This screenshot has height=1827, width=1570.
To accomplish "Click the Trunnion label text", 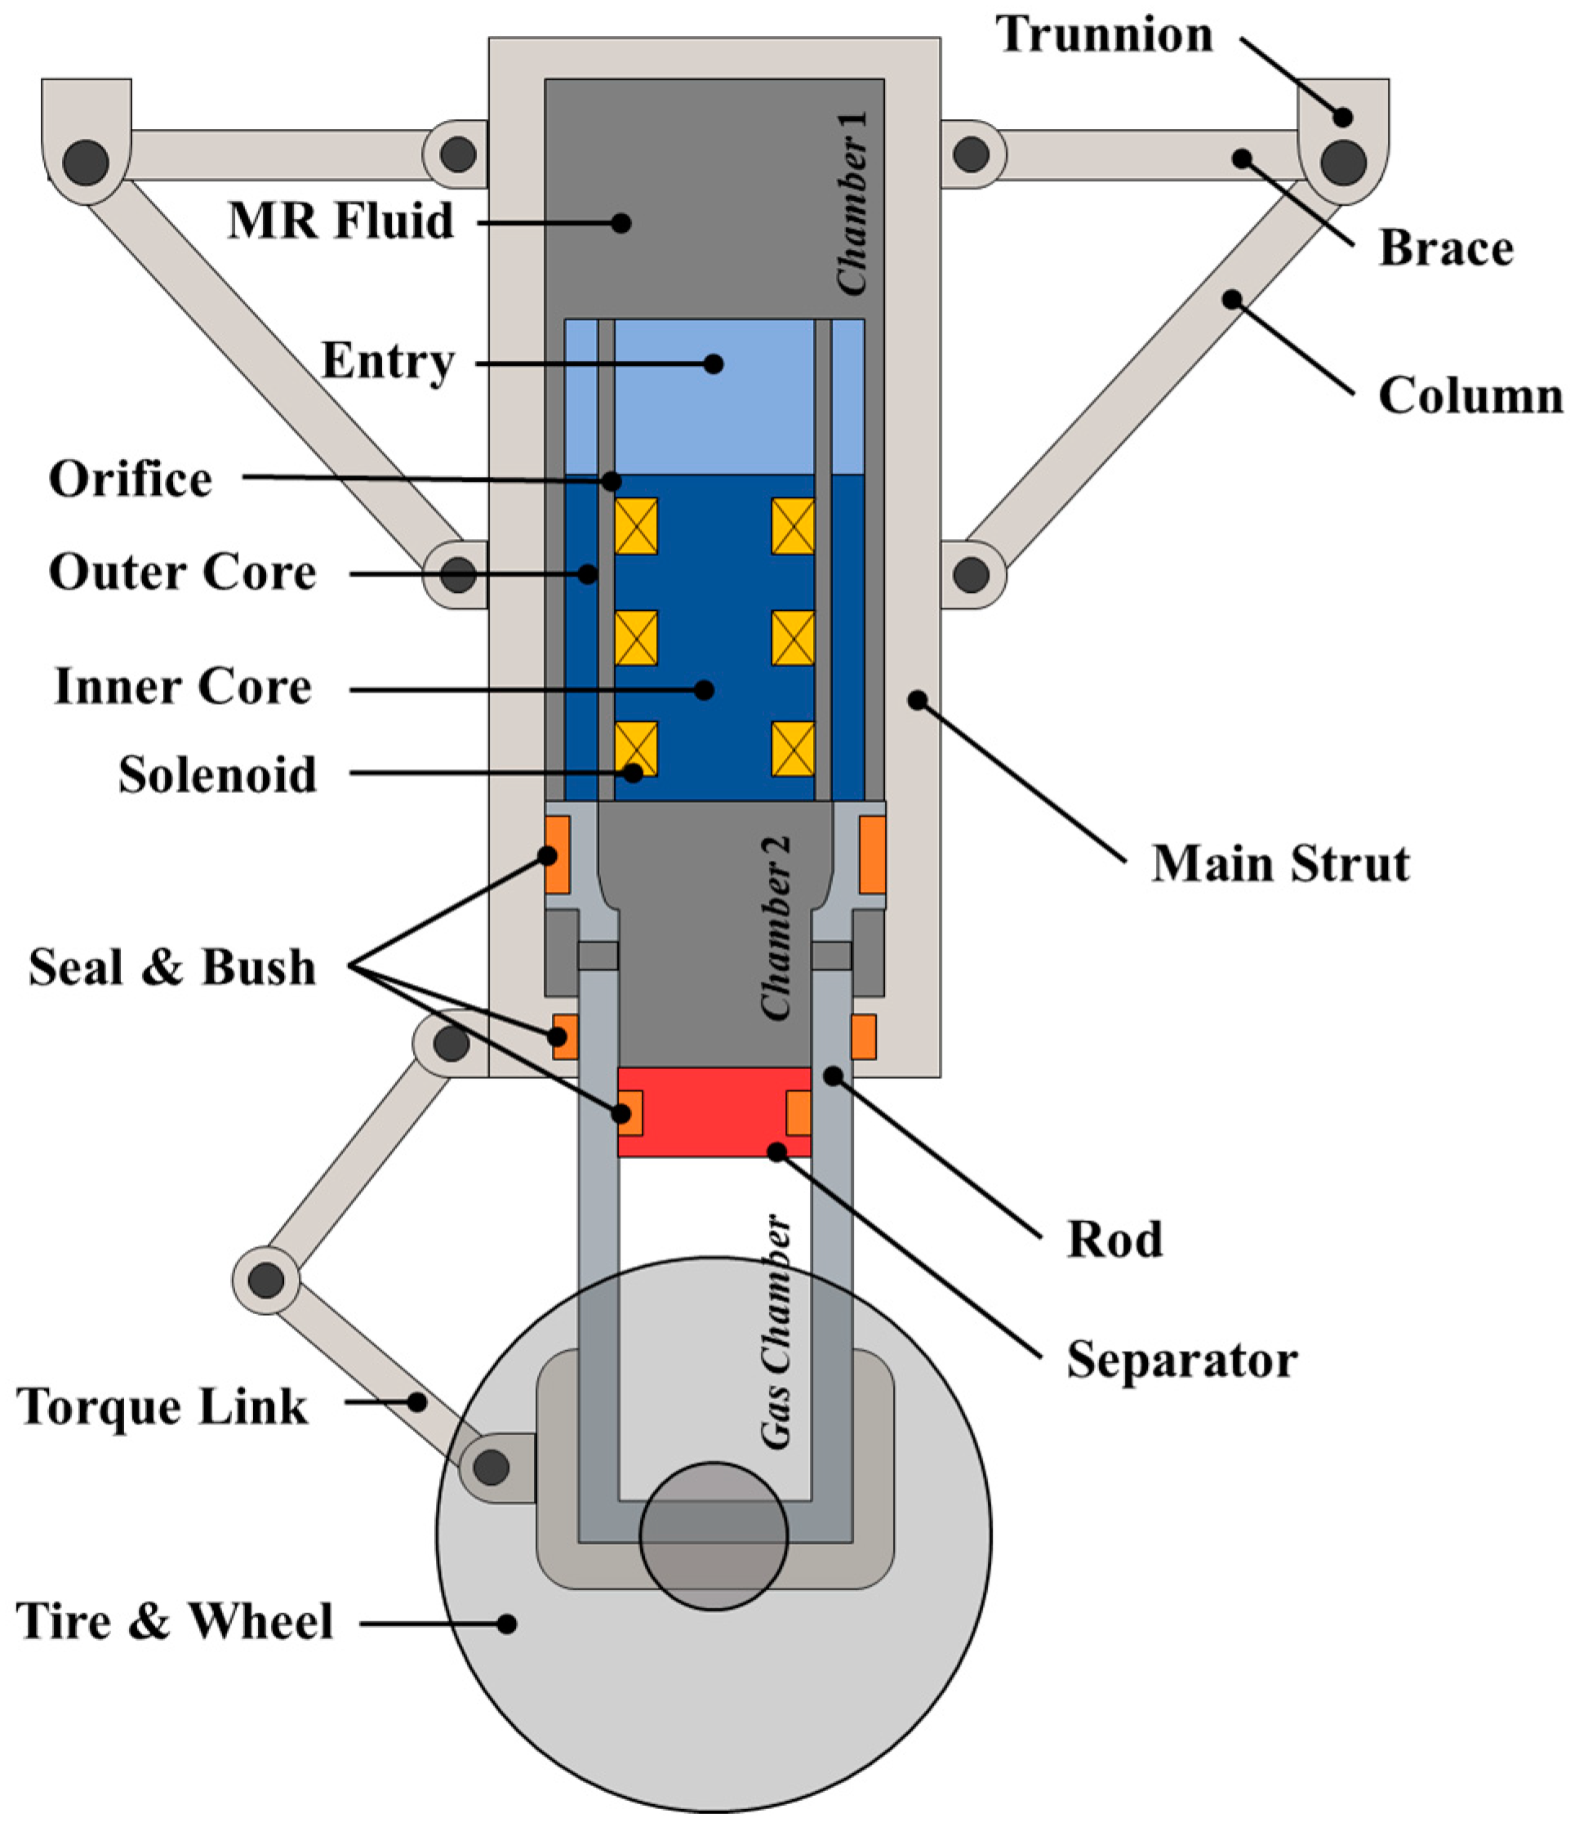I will click(x=1104, y=35).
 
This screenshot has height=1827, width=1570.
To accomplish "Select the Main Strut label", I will click(x=1280, y=863).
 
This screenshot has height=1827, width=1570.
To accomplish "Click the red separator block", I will click(x=714, y=1111).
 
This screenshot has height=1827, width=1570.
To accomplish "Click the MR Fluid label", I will click(x=341, y=221).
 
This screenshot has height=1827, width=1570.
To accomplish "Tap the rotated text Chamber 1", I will click(x=852, y=203).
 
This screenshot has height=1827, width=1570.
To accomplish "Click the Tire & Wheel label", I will click(x=175, y=1621).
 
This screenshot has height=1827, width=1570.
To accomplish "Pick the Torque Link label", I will click(x=162, y=1406).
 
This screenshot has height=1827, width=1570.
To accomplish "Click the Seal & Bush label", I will click(x=172, y=967).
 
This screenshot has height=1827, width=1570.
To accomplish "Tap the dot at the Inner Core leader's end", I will click(x=704, y=689).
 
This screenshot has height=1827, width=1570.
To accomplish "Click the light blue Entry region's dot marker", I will click(x=714, y=363).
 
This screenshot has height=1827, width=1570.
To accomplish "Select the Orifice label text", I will click(x=131, y=479).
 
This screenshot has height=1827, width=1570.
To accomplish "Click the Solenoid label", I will click(x=217, y=775).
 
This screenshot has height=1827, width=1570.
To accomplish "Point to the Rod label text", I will click(x=1114, y=1240).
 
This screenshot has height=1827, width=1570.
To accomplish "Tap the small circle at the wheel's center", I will click(x=714, y=1535).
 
